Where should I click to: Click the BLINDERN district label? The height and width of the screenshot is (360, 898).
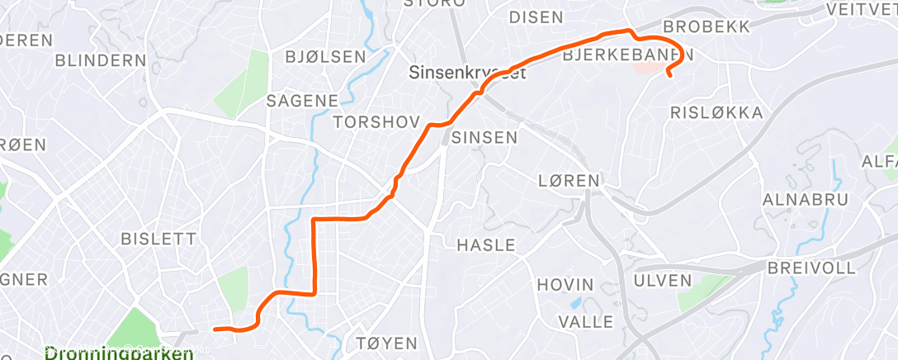[101, 60]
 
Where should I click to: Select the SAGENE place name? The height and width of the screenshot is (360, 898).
[302, 101]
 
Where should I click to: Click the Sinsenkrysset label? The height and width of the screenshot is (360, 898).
[468, 73]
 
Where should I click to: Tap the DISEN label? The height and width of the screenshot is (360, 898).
[536, 17]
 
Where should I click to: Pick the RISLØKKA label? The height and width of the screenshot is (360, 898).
[717, 112]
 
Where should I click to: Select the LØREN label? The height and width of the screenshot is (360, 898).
[568, 180]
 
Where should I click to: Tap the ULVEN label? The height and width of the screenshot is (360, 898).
[662, 281]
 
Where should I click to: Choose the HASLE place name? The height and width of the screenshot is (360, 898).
[486, 245]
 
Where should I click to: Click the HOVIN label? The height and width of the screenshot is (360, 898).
[565, 285]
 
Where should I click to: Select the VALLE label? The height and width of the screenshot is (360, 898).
[586, 321]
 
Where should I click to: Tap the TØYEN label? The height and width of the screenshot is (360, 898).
[385, 343]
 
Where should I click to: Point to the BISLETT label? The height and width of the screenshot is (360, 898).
[158, 239]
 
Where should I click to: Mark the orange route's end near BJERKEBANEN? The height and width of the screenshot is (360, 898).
[668, 76]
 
